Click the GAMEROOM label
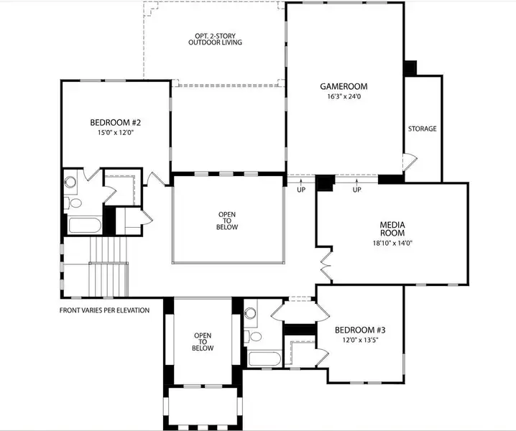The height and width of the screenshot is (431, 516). pyautogui.click(x=344, y=86)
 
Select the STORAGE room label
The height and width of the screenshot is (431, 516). pyautogui.click(x=422, y=129)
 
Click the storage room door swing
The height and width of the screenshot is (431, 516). pyautogui.click(x=409, y=162)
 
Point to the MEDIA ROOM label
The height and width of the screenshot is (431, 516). pyautogui.click(x=392, y=229)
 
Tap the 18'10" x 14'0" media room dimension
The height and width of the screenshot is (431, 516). pyautogui.click(x=392, y=243)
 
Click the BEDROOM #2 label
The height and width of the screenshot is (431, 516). pyautogui.click(x=115, y=122)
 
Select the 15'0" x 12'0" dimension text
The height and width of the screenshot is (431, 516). pyautogui.click(x=115, y=132)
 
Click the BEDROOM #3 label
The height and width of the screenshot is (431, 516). pyautogui.click(x=360, y=330)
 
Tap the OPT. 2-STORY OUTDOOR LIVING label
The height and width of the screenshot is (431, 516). pyautogui.click(x=215, y=39)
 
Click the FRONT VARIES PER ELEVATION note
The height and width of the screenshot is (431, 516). pyautogui.click(x=104, y=310)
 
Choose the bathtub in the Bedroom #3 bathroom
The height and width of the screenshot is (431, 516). pyautogui.click(x=267, y=358)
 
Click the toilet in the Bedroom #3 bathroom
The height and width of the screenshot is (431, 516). pyautogui.click(x=254, y=336)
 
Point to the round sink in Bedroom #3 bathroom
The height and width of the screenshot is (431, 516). pyautogui.click(x=251, y=312)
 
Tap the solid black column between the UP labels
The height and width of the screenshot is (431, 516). pyautogui.click(x=325, y=183)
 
